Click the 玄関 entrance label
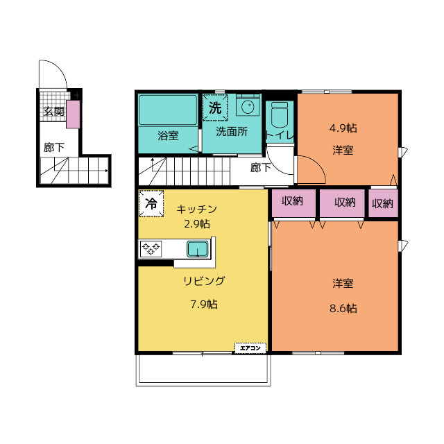(53, 111)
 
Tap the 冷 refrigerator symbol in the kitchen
(150, 203)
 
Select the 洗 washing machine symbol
(215, 108)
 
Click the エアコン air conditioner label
(251, 347)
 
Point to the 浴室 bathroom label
(167, 134)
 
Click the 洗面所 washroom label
(231, 132)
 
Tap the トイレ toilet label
(279, 135)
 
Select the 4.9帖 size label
(343, 128)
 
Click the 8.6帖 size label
(343, 308)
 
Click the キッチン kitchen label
(197, 209)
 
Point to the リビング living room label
(204, 281)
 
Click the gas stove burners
(151, 248)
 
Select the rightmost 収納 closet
(382, 203)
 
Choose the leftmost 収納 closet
(287, 202)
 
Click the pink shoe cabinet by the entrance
(73, 114)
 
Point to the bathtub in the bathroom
(168, 110)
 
